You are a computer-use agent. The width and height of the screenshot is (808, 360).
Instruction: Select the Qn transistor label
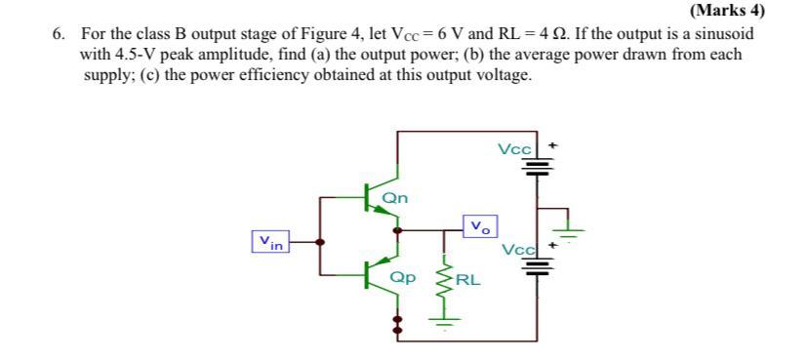395,198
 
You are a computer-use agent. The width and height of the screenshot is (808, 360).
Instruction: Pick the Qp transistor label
401,276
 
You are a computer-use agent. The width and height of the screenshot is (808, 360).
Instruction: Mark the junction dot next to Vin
323,240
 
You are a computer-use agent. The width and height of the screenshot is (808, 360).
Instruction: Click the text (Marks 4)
726,11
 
